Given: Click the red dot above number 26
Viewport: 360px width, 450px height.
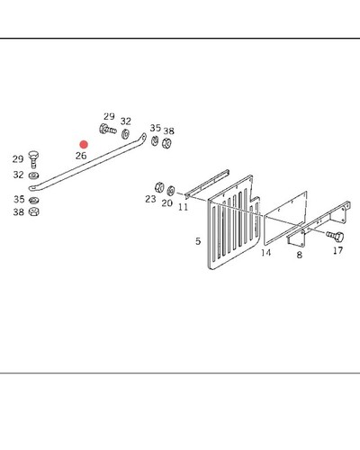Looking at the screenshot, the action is tap(84, 145).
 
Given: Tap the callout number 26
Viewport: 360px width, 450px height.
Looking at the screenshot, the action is tap(81, 156).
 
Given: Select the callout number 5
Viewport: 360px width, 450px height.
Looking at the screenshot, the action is tap(198, 241).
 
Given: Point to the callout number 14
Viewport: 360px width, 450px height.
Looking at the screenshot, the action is tap(265, 253).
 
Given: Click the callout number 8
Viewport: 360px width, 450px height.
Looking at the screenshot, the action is tap(299, 255).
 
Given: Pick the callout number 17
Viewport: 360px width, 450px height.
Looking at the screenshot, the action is tap(337, 250).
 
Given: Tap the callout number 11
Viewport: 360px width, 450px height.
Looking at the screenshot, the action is tap(183, 207).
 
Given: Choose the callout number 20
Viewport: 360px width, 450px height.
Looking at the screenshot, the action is tap(167, 203).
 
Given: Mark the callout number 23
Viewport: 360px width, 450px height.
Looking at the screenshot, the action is tap(150, 199).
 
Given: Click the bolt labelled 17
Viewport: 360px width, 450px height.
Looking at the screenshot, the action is tap(335, 236).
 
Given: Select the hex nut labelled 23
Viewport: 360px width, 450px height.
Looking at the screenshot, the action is tap(159, 187).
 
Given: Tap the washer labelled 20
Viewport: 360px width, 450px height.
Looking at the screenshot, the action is tap(171, 190).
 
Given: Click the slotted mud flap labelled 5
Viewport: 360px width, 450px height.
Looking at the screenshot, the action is tap(233, 222).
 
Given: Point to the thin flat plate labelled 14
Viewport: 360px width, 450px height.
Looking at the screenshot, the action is tap(285, 217).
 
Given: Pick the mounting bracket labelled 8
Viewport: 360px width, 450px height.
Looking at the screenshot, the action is tap(319, 223).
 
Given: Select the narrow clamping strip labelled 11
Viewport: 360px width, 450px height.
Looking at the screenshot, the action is tap(207, 184).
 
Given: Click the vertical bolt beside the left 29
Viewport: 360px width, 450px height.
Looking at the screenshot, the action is tap(33, 159).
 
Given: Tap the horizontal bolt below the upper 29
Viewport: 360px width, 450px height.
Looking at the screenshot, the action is tap(108, 130).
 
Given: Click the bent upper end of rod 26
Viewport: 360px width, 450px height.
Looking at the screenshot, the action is tap(143, 139).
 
